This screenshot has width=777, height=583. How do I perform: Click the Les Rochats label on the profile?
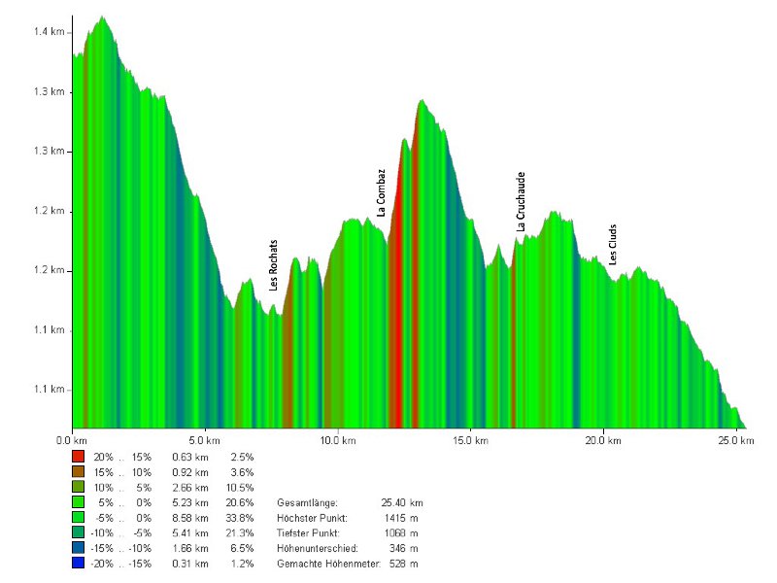pos(275,266)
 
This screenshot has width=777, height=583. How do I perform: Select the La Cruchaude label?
pos(522,202)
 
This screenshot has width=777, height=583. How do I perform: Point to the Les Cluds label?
pos(613,246)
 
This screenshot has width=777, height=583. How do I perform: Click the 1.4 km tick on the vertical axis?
pos(49,32)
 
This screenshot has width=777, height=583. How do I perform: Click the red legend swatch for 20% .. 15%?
pos(79,456)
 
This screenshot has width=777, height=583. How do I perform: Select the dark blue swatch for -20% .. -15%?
pos(79,565)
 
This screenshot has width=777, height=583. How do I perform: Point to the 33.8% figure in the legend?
pos(240,518)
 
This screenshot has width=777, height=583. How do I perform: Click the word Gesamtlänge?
pos(307,502)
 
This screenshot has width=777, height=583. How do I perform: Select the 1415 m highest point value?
pos(400,518)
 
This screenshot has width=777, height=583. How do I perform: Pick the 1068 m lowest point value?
pos(400,533)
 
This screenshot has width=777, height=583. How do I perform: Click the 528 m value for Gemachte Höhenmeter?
pos(402,565)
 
